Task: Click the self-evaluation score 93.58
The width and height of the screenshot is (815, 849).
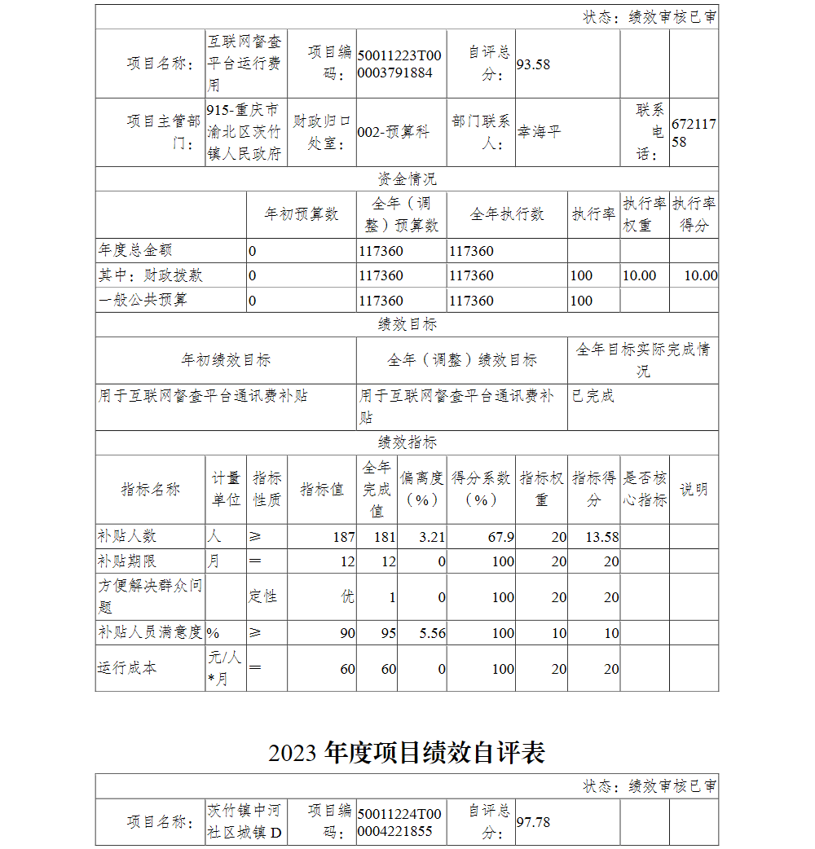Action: click(534, 64)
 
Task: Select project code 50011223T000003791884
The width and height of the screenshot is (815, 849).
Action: click(399, 64)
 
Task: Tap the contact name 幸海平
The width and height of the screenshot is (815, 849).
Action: click(540, 132)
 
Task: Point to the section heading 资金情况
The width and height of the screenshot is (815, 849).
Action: click(407, 179)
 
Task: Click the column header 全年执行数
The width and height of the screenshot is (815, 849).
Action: click(507, 214)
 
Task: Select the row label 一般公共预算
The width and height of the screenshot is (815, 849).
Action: click(143, 300)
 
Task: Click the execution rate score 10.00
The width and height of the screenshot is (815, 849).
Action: click(700, 275)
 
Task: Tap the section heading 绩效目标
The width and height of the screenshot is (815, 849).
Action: click(407, 324)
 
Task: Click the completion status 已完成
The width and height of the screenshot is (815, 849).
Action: click(593, 396)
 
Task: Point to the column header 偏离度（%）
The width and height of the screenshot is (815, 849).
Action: click(421, 489)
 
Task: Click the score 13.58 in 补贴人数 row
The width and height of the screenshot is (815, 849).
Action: click(602, 537)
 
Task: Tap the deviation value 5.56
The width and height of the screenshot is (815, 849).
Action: click(431, 633)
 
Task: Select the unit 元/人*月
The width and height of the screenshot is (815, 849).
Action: click(224, 668)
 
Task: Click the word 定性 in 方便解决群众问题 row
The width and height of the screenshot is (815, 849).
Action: click(262, 596)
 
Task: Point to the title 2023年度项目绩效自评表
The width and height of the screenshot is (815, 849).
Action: click(407, 752)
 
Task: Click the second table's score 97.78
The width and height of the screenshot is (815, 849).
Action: click(534, 822)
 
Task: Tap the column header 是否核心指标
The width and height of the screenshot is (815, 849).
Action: click(645, 489)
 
